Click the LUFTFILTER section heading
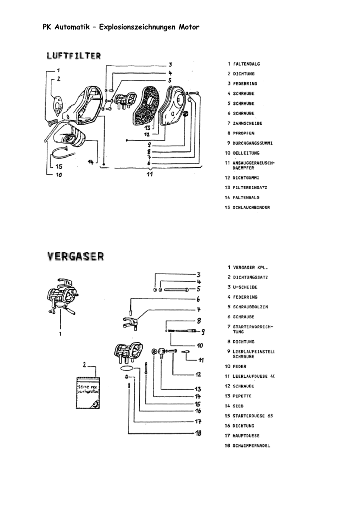(74, 56)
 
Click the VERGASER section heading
(76, 256)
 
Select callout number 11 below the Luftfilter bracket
(149, 174)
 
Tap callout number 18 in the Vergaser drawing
(198, 433)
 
